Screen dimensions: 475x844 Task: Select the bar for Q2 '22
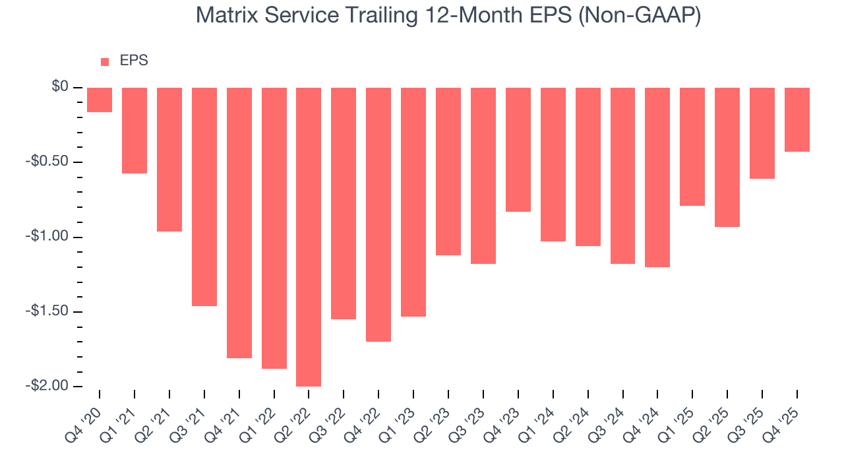[x=309, y=237]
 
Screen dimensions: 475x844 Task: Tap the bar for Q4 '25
[x=797, y=120]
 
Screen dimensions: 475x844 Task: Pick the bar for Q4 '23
[x=518, y=150]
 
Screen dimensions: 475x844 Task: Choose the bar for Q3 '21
[x=204, y=197]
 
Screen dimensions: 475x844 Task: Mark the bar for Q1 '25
[x=692, y=147]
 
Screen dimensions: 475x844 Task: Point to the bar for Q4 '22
[x=378, y=214]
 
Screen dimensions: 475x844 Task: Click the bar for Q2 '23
[x=448, y=172]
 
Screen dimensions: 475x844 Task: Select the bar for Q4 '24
[x=657, y=177]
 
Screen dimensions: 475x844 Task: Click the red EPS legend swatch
[x=105, y=61]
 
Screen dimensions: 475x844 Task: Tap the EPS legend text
[x=134, y=61]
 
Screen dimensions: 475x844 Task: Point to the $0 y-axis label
[x=61, y=87]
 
